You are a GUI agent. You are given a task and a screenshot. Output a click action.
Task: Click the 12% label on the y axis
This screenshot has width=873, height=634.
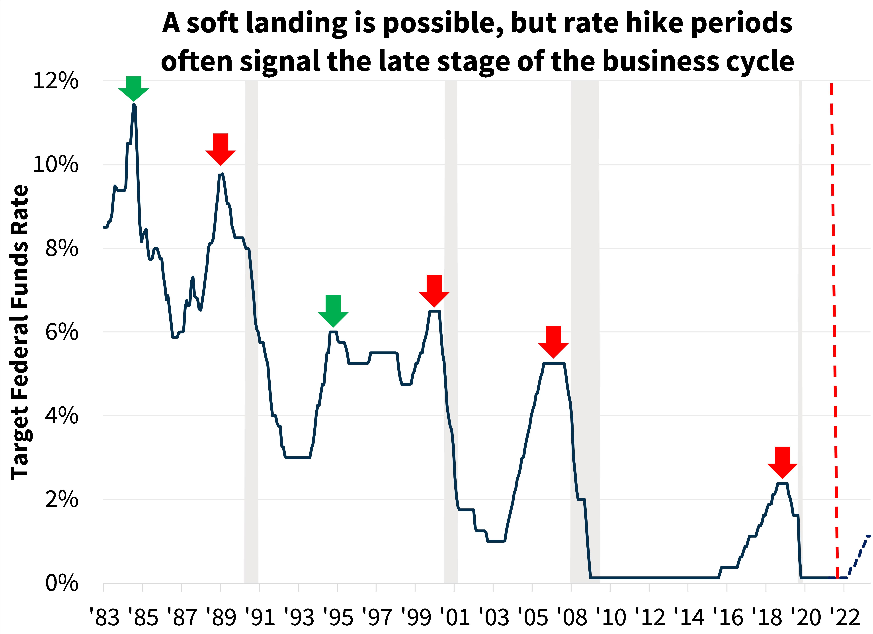click(x=56, y=81)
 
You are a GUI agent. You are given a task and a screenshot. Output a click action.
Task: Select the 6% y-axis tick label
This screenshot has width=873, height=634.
click(x=62, y=332)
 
